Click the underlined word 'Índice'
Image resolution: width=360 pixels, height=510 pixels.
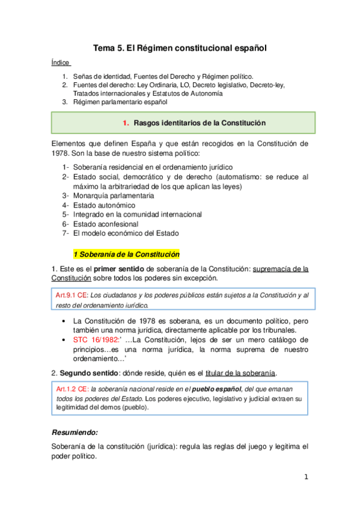(61, 63)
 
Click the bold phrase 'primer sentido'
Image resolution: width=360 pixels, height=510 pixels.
(118, 268)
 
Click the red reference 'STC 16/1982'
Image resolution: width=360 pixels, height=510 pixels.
(92, 340)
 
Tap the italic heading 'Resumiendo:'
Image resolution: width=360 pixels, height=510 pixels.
(75, 432)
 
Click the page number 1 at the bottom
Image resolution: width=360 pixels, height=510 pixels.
(305, 478)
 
